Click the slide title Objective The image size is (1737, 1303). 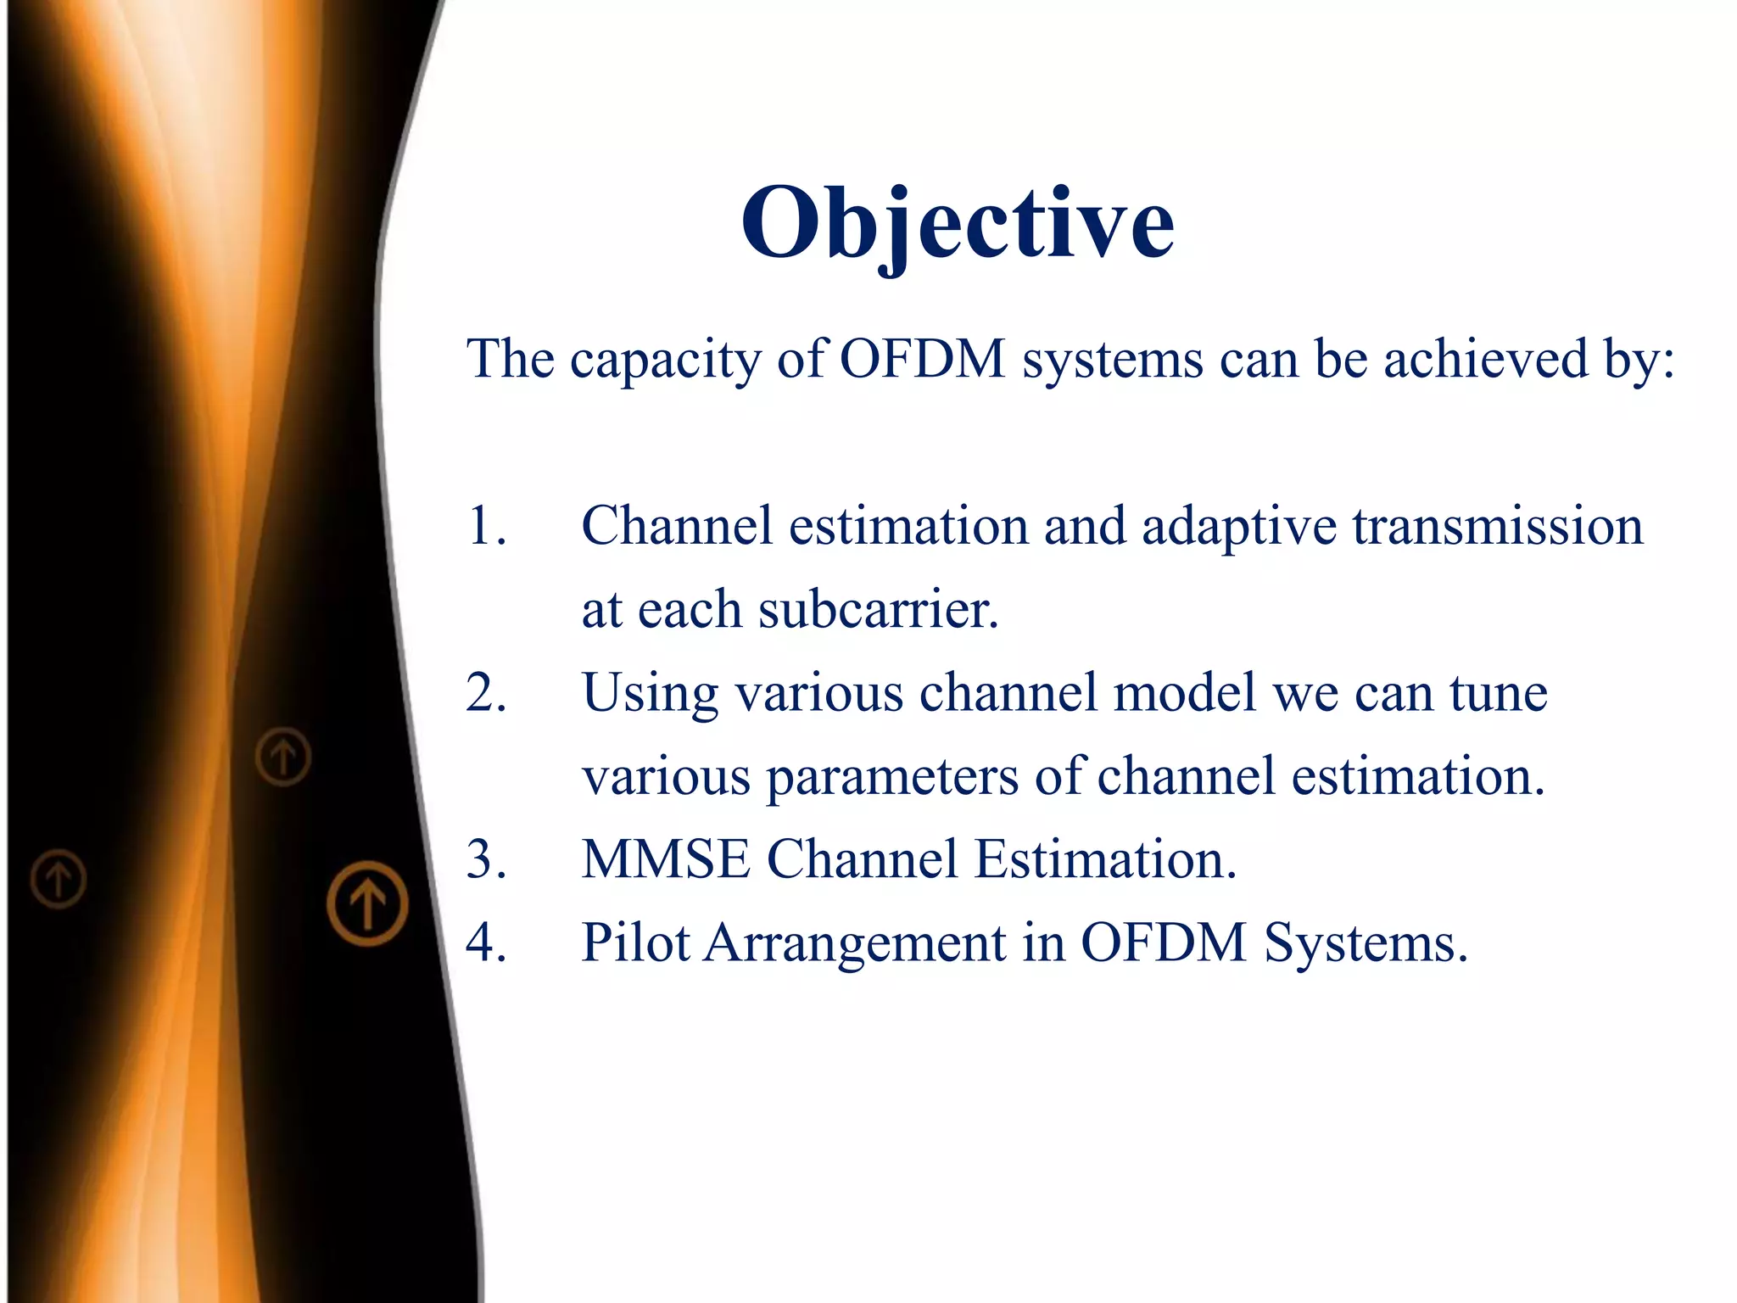(958, 222)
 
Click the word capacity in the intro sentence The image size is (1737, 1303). (666, 361)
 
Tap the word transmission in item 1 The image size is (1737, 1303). (1497, 526)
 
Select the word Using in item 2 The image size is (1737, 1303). (651, 695)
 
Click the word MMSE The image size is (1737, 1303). (666, 859)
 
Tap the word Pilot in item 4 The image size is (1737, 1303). (635, 942)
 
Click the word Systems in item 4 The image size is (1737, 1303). (1365, 944)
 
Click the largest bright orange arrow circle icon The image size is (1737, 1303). (367, 903)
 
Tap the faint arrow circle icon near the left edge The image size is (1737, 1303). (59, 879)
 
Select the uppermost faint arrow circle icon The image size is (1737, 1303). (283, 756)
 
